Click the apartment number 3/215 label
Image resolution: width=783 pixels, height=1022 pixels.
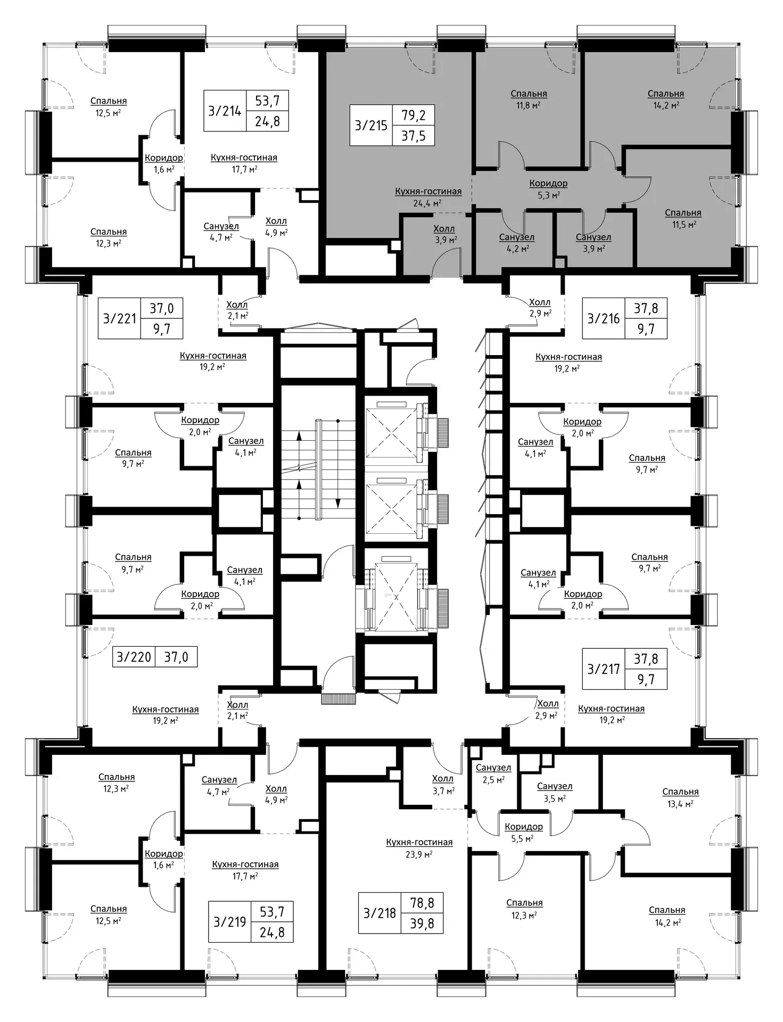point(371,126)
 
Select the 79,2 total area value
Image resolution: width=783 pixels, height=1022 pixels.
point(414,114)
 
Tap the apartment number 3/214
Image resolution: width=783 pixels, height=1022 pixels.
point(225,111)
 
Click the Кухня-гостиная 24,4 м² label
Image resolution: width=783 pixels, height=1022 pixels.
point(428,197)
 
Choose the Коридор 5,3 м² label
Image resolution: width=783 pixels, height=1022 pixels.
point(548,189)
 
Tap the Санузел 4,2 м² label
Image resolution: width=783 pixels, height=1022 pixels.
point(517,243)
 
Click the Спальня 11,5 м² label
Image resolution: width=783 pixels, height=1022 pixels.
point(683,218)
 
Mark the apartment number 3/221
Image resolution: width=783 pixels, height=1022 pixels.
point(120,318)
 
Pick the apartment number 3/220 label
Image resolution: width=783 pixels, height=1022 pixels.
point(134,657)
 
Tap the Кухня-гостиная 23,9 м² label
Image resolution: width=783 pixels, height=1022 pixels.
point(419,847)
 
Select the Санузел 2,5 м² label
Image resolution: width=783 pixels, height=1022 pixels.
point(493,773)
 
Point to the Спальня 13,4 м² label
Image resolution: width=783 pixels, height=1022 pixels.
point(680,797)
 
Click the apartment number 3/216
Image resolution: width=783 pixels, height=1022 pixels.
point(604,318)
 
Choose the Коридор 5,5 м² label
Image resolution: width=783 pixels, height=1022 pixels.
point(524,833)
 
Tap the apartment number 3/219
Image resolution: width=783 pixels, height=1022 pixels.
point(229,922)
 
